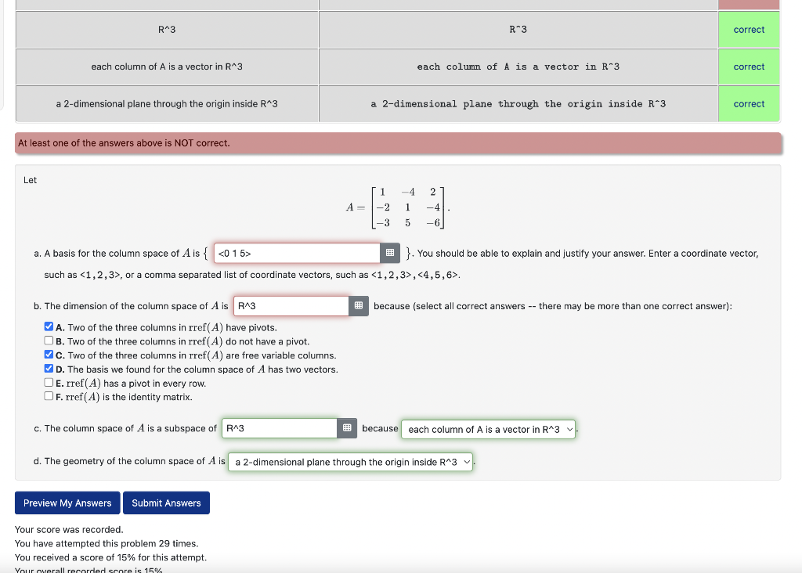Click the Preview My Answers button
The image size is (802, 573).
coord(67,503)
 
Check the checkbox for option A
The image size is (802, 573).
coord(49,327)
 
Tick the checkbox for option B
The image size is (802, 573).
coord(49,341)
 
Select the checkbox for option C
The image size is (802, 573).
coord(49,355)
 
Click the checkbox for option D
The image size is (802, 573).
coord(49,369)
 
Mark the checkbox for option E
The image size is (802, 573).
coord(49,383)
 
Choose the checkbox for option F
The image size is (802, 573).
coord(49,397)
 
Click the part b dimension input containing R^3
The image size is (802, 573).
coord(291,306)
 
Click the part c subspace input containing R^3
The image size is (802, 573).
coord(280,428)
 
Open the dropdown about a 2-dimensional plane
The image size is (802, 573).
coord(352,462)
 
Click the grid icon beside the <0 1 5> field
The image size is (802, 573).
coord(389,253)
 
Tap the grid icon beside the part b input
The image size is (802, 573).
coord(358,306)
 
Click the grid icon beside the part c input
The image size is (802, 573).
coord(347,428)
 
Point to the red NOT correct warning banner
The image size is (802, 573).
coord(398,143)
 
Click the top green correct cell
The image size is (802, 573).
coord(749,30)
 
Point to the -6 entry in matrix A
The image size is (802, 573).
coord(433,222)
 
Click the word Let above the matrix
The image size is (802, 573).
coord(31,180)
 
